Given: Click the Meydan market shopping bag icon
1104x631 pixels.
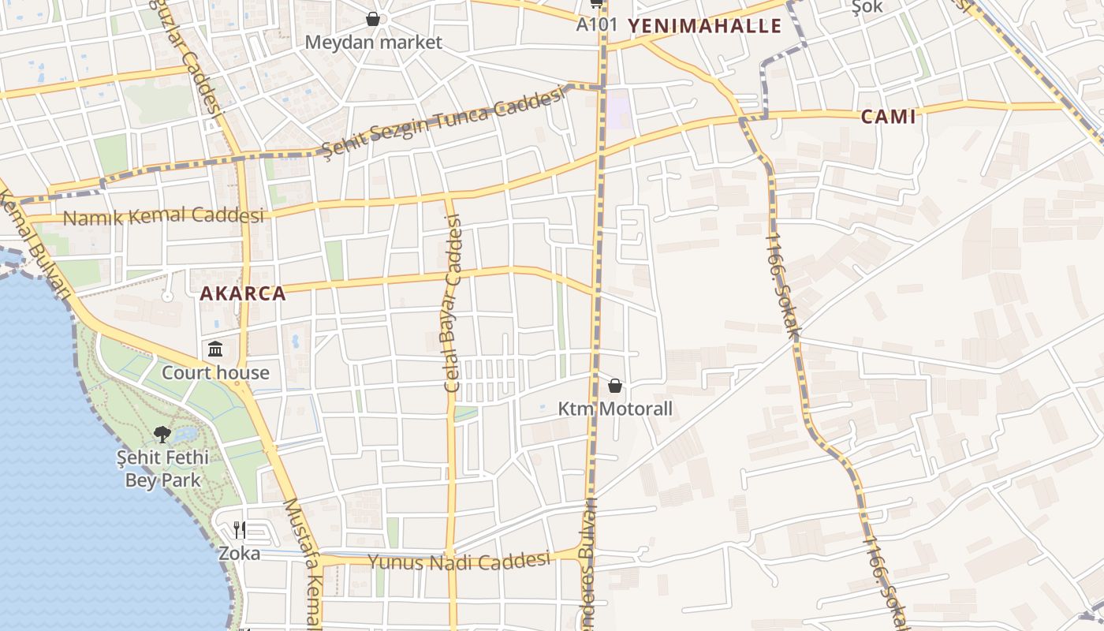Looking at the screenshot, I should [373, 19].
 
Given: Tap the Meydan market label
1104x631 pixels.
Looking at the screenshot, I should [374, 43].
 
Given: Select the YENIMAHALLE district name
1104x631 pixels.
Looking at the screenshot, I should [704, 26].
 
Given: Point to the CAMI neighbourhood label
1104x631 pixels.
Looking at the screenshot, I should [888, 118].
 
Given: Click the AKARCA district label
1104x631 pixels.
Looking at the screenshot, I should [242, 294].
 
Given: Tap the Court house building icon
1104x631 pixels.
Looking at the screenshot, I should [215, 349].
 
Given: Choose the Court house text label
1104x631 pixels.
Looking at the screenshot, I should [215, 372].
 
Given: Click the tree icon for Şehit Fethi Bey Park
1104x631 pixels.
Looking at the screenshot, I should [162, 434].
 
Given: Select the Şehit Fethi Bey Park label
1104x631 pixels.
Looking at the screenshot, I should [162, 469].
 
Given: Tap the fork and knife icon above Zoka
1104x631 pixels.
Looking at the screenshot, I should [240, 529].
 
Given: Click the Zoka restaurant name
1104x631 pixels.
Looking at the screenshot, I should [240, 554].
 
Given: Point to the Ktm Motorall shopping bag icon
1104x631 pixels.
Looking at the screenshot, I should [615, 386].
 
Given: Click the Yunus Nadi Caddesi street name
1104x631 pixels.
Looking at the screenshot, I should [458, 562].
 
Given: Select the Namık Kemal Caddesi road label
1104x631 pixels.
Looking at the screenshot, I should [163, 216].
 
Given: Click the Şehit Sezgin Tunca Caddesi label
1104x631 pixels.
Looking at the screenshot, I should [445, 121].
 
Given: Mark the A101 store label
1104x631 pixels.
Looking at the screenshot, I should [596, 24].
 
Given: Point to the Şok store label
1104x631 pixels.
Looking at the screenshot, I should [867, 7].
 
